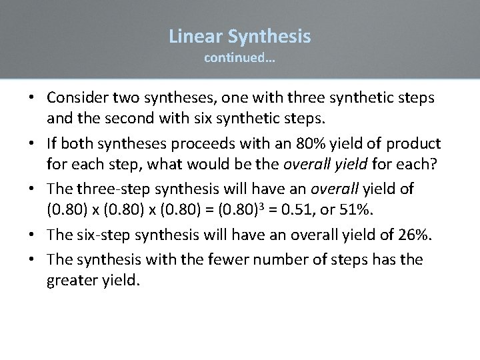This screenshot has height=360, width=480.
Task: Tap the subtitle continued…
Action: click(240, 58)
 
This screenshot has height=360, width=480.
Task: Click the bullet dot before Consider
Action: click(32, 98)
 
